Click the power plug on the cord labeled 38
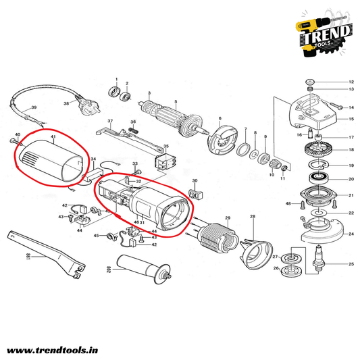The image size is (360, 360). click(88, 105)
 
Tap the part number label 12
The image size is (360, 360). click(351, 82)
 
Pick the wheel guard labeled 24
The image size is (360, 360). click(322, 230)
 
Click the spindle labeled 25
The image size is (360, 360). click(319, 259)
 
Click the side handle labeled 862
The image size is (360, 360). click(144, 268)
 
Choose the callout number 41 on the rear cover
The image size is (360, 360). click(53, 136)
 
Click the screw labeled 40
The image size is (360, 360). click(16, 142)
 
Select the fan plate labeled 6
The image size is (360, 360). click(222, 140)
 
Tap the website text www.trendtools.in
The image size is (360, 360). click(53, 351)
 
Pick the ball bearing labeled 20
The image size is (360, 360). click(318, 178)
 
